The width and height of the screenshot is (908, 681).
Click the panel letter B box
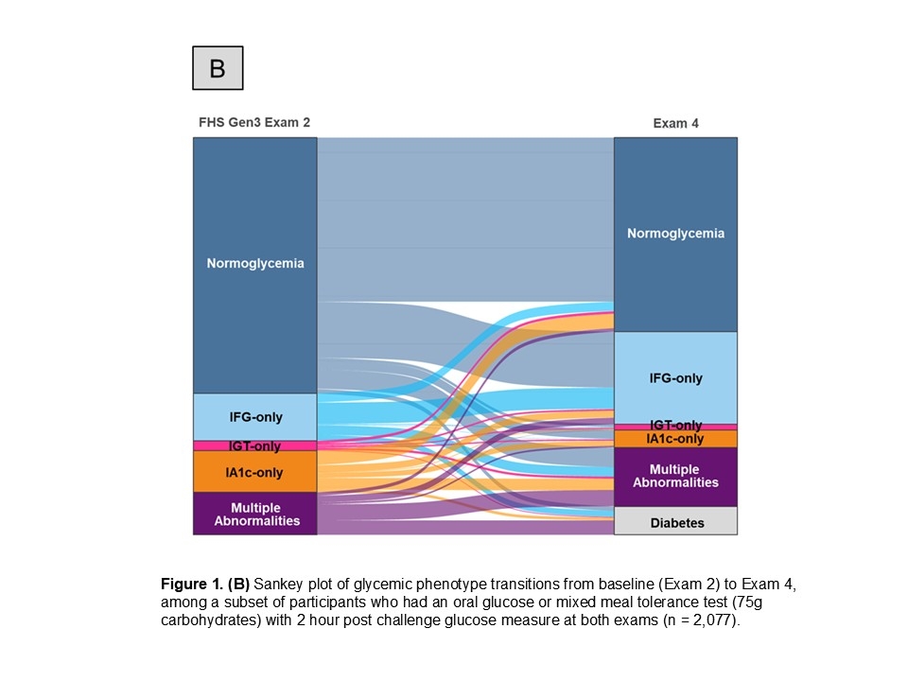coord(218,68)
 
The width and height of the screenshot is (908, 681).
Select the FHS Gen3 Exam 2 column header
coord(253,122)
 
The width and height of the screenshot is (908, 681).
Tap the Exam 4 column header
coord(675,123)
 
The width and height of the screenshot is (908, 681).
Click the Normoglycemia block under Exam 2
coord(255,265)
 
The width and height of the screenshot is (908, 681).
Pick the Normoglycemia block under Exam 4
coord(675,234)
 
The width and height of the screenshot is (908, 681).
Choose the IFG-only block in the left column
coord(255,417)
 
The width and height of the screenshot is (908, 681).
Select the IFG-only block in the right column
coord(675,377)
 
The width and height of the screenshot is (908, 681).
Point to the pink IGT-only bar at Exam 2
coord(255,445)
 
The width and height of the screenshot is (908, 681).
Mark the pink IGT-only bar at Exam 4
coord(675,427)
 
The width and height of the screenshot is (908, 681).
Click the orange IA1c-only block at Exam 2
coord(255,472)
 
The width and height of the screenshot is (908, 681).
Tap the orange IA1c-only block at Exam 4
coord(675,439)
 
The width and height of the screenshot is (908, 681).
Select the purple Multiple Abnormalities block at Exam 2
coord(255,514)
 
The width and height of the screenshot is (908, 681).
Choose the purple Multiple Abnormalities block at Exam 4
coord(675,477)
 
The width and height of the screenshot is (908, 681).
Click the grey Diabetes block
coord(675,522)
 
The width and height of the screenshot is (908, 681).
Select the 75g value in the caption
coord(774,603)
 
